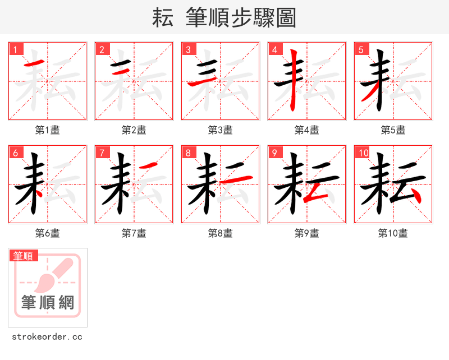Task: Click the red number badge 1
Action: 15,49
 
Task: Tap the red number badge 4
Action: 274,49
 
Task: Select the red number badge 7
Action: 102,153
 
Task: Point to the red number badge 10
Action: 363,153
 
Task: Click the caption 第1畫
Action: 48,130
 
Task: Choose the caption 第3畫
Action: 221,130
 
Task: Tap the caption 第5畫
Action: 393,130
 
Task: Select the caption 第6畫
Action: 48,233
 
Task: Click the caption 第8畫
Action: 221,233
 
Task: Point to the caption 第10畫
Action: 393,233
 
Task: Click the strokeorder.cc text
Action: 47,337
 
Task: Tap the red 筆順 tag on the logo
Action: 24,256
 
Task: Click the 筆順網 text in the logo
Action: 48,303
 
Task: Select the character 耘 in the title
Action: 162,18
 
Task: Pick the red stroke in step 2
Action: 120,71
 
